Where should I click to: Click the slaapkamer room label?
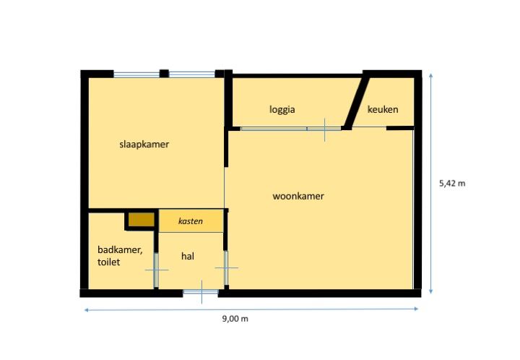(x=144, y=145)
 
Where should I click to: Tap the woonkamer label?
(x=298, y=196)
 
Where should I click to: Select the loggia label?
(x=282, y=110)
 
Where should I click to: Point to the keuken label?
(x=383, y=109)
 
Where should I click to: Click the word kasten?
(x=191, y=221)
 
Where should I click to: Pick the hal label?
(x=188, y=256)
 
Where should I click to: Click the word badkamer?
(x=120, y=250)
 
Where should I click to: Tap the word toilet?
(x=109, y=262)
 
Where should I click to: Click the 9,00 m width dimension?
(x=235, y=319)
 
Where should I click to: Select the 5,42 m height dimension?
(x=452, y=184)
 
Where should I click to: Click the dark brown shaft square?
(x=142, y=219)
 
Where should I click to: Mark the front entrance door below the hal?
(x=201, y=292)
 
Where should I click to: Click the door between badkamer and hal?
(x=156, y=270)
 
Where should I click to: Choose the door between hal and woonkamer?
(x=226, y=267)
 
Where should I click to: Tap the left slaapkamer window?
(x=136, y=74)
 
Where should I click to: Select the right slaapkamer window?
(x=192, y=74)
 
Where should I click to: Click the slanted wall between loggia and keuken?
(x=356, y=103)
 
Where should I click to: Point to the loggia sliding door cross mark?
(x=324, y=129)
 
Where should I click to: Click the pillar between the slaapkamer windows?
(x=164, y=73)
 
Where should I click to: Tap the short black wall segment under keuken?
(x=400, y=128)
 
